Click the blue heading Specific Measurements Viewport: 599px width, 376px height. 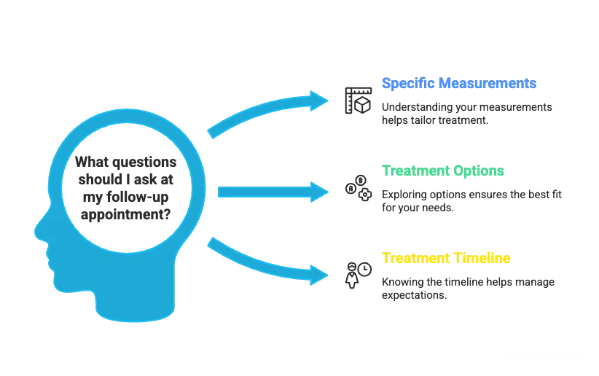(458, 84)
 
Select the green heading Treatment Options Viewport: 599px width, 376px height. (444, 171)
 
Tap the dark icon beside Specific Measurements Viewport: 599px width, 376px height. (356, 99)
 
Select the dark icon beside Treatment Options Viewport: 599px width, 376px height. (356, 187)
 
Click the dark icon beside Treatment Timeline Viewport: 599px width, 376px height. (354, 274)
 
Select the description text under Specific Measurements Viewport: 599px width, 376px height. (467, 114)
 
